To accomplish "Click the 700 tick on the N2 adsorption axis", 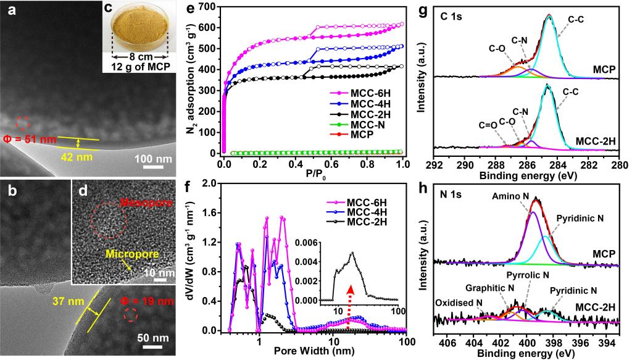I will pos(209,6).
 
